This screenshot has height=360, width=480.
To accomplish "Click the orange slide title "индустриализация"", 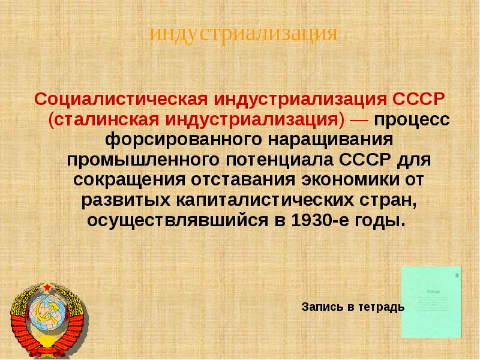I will (x=243, y=33).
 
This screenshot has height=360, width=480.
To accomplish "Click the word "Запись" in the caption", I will (x=322, y=307).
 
